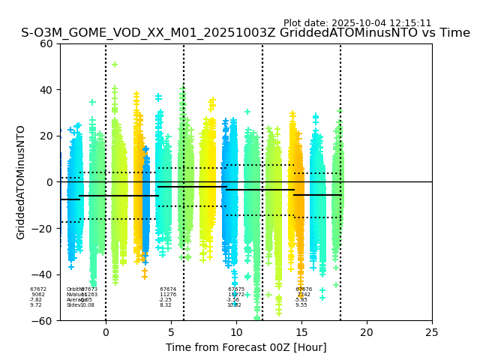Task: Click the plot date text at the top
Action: point(357,23)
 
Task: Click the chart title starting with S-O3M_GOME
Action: point(245,33)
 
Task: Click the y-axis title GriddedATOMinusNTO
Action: point(21,182)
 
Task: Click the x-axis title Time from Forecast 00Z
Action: point(246,347)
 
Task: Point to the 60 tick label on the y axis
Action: point(46,43)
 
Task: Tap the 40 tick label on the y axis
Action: point(46,90)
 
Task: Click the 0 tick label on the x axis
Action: point(106,332)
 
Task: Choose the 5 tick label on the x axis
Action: point(171,332)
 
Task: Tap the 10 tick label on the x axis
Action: point(236,332)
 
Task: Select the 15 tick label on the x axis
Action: point(301,332)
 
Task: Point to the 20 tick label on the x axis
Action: point(367,332)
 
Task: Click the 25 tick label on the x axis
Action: point(432,332)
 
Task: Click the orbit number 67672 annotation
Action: point(38,289)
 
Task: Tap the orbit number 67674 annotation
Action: point(168,289)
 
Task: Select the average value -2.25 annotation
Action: point(166,300)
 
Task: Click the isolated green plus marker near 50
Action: point(115,64)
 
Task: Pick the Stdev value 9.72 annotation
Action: point(36,305)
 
